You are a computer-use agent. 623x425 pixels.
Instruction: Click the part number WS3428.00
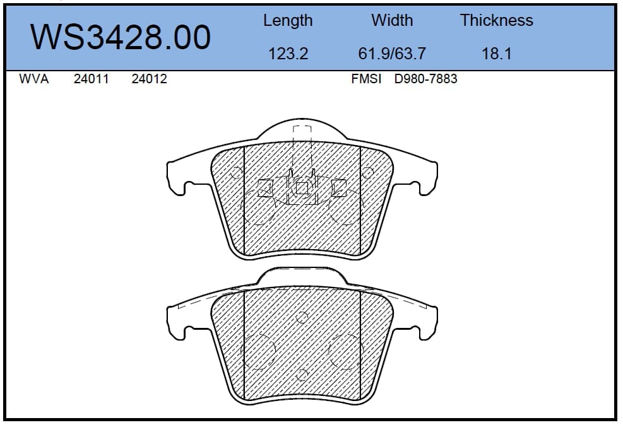pos(121,37)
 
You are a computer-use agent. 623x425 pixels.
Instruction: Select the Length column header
pos(288,21)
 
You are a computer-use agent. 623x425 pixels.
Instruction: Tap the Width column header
pos(392,20)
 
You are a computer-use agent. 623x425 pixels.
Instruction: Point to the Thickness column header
pos(497,20)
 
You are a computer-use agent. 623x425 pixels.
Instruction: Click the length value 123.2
pos(288,54)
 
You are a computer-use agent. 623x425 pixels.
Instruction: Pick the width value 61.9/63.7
pos(392,54)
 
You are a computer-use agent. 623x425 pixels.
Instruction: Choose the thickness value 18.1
pos(497,54)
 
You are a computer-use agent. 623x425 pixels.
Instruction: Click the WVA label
pos(34,79)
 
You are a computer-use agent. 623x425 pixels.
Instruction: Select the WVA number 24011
pos(91,79)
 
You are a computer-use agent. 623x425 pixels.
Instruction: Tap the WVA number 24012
pos(149,79)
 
